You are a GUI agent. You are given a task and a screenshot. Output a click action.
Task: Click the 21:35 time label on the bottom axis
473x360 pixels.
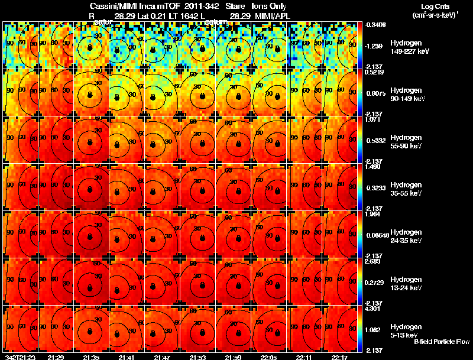91,357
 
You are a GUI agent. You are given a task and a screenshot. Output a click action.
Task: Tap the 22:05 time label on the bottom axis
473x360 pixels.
268,357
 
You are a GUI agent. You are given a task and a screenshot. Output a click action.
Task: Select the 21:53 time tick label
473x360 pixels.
197,357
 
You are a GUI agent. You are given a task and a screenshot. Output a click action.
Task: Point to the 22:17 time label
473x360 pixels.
339,357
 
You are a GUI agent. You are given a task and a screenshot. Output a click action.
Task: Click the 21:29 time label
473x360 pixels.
56,357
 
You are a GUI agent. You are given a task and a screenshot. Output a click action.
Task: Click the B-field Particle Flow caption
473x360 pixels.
441,342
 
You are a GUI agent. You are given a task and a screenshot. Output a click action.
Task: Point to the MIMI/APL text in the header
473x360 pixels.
274,15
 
